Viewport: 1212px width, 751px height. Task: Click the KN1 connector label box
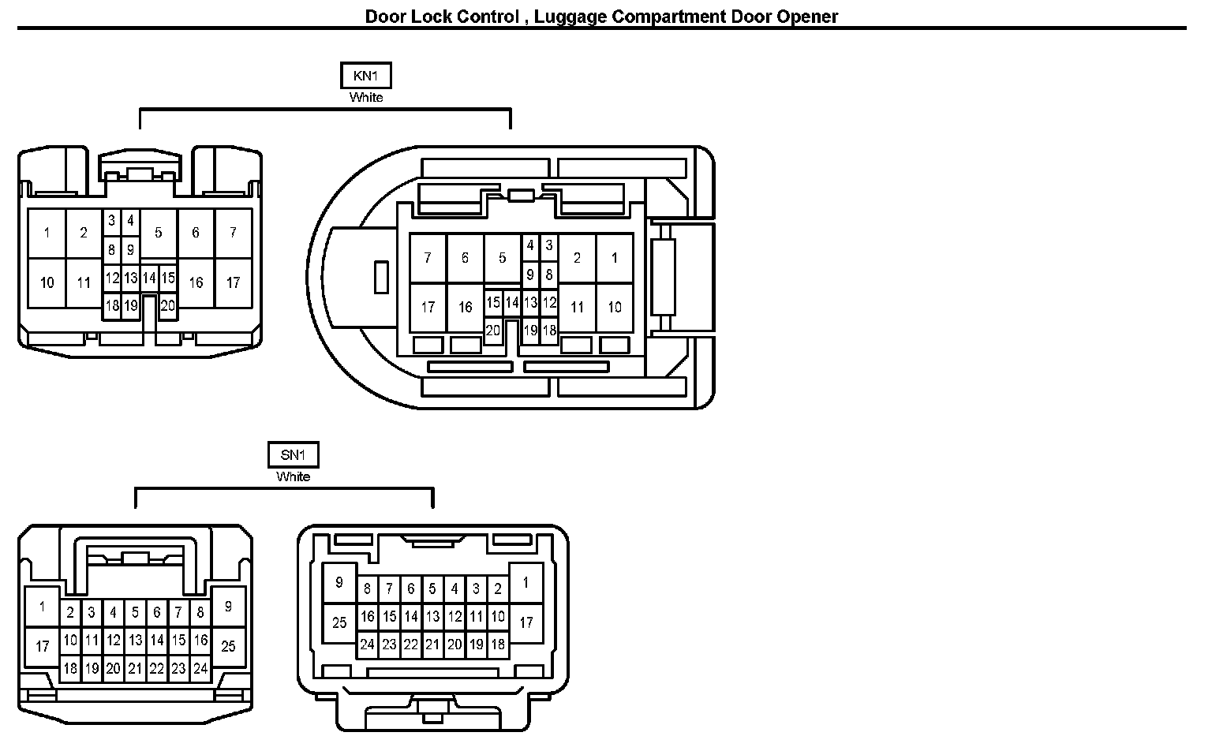click(365, 76)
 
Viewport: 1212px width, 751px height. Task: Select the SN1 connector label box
click(293, 455)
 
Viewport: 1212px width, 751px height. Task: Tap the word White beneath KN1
click(366, 98)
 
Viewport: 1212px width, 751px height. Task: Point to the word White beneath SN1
click(293, 476)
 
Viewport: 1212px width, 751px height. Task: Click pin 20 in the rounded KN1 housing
click(493, 331)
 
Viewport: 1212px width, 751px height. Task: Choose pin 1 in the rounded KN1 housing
click(615, 258)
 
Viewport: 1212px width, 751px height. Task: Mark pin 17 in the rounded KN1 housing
click(428, 306)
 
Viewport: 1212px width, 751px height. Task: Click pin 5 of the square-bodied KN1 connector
click(159, 233)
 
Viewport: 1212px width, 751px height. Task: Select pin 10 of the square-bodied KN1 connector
click(47, 282)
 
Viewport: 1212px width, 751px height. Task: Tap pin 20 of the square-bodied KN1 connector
click(168, 305)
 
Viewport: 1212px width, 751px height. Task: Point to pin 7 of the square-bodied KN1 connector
click(233, 233)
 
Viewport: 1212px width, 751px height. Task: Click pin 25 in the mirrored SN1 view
click(339, 623)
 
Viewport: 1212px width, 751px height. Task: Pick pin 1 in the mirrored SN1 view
click(526, 584)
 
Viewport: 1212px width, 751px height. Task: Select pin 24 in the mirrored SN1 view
click(367, 645)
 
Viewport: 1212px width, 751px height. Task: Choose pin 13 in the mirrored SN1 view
click(432, 616)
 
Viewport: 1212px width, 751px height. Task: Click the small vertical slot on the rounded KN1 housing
click(381, 277)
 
